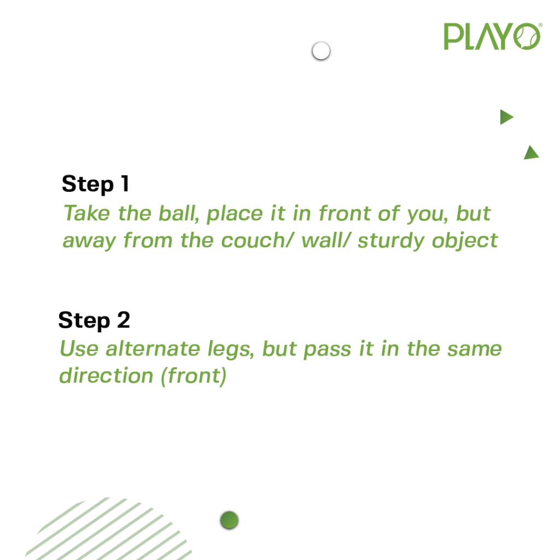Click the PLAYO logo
tap(493, 37)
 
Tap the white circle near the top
tap(320, 51)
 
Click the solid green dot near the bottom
tap(229, 520)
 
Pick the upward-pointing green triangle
tap(532, 153)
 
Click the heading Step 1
tap(95, 184)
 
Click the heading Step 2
tap(94, 320)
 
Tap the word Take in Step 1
tap(86, 213)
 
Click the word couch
tap(254, 241)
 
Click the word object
tap(465, 241)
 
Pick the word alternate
tap(153, 348)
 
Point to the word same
tap(475, 349)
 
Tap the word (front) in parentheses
tap(194, 376)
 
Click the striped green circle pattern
tap(107, 529)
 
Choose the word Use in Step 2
tap(79, 348)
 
